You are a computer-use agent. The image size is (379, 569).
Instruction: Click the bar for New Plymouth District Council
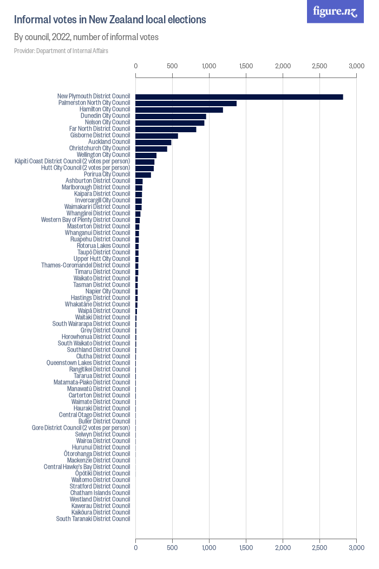(239, 97)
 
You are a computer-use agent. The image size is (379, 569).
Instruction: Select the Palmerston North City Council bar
(186, 104)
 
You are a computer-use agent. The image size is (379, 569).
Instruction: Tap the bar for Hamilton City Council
(179, 110)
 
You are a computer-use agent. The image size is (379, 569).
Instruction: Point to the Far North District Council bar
(166, 130)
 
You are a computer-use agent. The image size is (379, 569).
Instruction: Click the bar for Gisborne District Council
(156, 136)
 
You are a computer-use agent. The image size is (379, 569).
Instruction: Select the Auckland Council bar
(153, 143)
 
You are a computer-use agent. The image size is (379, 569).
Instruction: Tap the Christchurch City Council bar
(151, 149)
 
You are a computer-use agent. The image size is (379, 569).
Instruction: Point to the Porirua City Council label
(107, 174)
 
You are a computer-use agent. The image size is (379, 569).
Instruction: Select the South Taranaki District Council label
(93, 519)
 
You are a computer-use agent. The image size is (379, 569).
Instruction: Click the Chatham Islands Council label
(100, 493)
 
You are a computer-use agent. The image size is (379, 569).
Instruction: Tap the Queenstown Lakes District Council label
(88, 363)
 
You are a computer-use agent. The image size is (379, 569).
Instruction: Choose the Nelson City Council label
(108, 122)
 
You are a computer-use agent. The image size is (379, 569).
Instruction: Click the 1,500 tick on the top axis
(246, 66)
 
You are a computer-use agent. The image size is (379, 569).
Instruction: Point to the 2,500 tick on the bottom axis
(319, 548)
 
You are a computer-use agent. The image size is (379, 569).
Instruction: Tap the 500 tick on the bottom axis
(172, 548)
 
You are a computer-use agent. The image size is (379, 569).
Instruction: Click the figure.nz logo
(335, 11)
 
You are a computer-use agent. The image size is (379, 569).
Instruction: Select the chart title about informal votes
(110, 20)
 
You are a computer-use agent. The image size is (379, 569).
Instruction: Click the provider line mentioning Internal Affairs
(61, 51)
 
